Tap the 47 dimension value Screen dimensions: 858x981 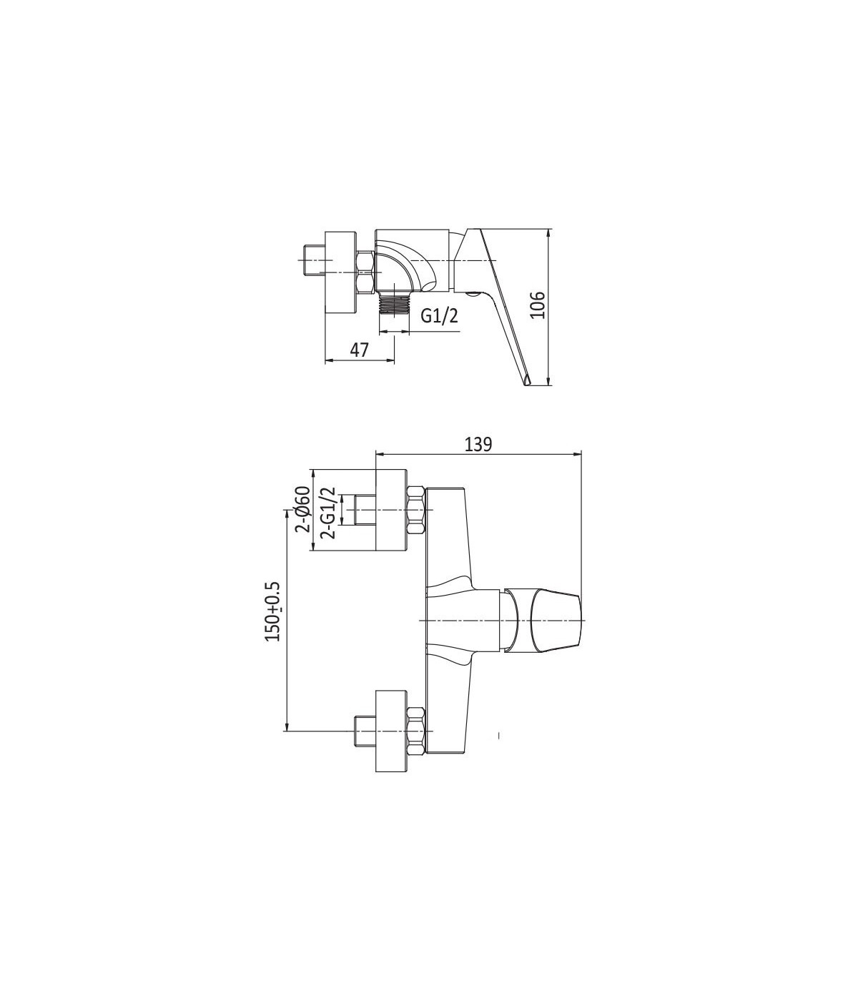pos(359,350)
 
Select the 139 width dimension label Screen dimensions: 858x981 pos(478,445)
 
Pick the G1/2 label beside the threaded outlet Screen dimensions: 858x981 pos(440,315)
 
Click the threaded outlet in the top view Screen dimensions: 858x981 pos(394,304)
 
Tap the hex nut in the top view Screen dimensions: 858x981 pos(366,272)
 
